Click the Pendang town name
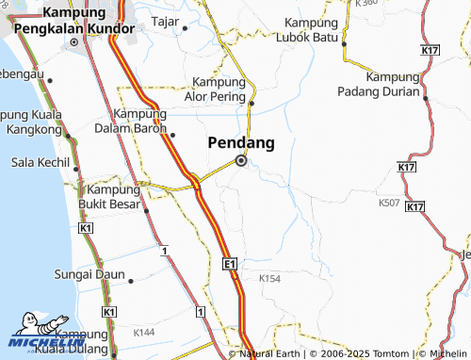[240, 143]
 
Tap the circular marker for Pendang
[241, 161]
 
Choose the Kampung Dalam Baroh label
[132, 120]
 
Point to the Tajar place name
[165, 20]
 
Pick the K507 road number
[388, 202]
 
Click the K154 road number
[269, 278]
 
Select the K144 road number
[144, 332]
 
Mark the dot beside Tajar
[186, 27]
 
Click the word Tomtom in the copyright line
[376, 353]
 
